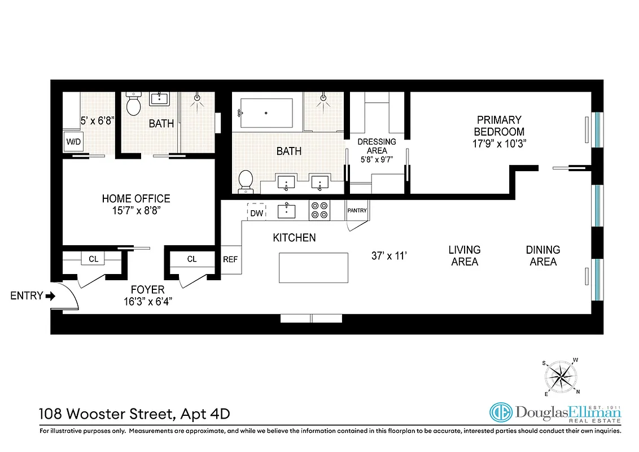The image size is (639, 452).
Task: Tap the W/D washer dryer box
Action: tap(73, 141)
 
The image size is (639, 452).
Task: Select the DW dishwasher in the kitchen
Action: tap(256, 212)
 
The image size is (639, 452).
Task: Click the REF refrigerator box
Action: tap(230, 259)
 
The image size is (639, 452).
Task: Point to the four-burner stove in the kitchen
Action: tap(319, 211)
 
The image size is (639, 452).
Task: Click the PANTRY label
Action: tap(357, 211)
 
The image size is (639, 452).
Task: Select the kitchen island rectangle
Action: tap(314, 268)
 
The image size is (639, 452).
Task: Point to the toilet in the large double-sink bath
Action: tap(246, 180)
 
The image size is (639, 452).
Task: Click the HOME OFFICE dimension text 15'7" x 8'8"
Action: tap(136, 211)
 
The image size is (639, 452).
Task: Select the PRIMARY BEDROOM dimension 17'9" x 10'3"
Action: tap(499, 144)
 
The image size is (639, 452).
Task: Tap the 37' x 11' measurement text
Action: tap(389, 256)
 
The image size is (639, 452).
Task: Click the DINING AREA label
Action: tap(542, 255)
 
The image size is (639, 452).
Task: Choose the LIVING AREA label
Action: tap(465, 255)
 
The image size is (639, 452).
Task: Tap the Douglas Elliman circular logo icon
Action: tap(500, 413)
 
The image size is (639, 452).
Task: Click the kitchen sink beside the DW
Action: tap(287, 211)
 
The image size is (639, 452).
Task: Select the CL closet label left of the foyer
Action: tap(93, 259)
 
